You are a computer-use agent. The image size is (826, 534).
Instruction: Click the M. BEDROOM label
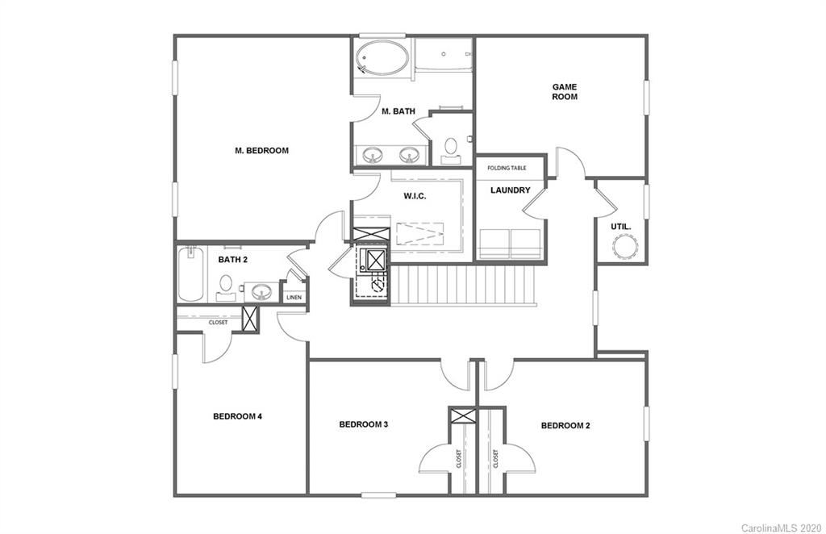[261, 150]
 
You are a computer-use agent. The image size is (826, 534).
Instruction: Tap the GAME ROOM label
[564, 91]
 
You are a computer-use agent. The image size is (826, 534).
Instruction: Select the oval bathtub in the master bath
[383, 59]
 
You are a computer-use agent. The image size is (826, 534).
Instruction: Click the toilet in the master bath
[451, 148]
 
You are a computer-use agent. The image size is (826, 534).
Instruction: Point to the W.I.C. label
[415, 196]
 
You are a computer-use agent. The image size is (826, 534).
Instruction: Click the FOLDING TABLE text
[507, 169]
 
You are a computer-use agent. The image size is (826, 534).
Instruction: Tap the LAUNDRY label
[511, 190]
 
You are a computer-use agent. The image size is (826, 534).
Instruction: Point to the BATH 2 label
[232, 260]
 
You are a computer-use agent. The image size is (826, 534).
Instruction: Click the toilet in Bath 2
[227, 285]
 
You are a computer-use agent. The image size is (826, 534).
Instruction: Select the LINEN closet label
[294, 298]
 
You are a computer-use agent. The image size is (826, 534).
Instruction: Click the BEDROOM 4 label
[237, 416]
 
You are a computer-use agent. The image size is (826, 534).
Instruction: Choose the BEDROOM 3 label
[364, 424]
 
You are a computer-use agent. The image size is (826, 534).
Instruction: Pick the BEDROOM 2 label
[565, 425]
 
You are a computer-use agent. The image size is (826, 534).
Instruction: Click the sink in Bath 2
[261, 290]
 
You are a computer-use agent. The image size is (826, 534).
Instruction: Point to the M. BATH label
[398, 111]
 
